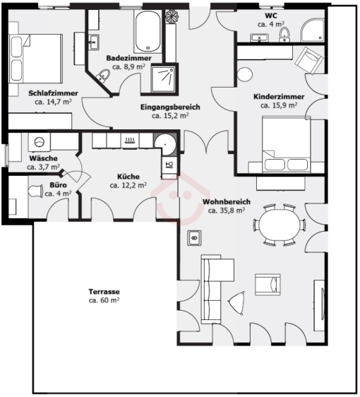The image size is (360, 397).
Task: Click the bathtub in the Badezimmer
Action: [x=148, y=31]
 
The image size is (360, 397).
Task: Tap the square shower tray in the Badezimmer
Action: [x=163, y=78]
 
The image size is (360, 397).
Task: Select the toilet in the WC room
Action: [x=284, y=35]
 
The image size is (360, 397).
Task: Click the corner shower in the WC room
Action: [x=313, y=30]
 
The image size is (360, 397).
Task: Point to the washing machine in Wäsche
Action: [x=40, y=142]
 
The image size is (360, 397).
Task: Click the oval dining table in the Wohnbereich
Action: [x=280, y=225]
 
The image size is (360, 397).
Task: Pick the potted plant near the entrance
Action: [x=172, y=16]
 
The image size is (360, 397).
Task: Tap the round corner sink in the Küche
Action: [x=165, y=145]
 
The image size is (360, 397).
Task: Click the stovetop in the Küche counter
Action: [x=129, y=141]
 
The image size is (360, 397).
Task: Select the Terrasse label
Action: [x=104, y=292]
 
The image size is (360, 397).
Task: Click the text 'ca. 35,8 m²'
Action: [x=227, y=211]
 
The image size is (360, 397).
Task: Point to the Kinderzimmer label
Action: [x=279, y=97]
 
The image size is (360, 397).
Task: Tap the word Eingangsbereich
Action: [x=170, y=107]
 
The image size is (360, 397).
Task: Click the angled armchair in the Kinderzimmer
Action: [x=308, y=61]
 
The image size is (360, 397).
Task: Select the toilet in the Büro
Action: [x=36, y=191]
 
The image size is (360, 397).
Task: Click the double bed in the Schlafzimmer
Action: [x=35, y=59]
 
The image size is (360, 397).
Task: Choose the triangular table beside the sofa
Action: [x=236, y=303]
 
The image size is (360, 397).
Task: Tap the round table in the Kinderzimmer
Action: [x=245, y=74]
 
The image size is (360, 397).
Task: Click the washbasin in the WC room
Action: [x=259, y=38]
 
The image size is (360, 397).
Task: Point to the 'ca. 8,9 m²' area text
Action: [x=128, y=67]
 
